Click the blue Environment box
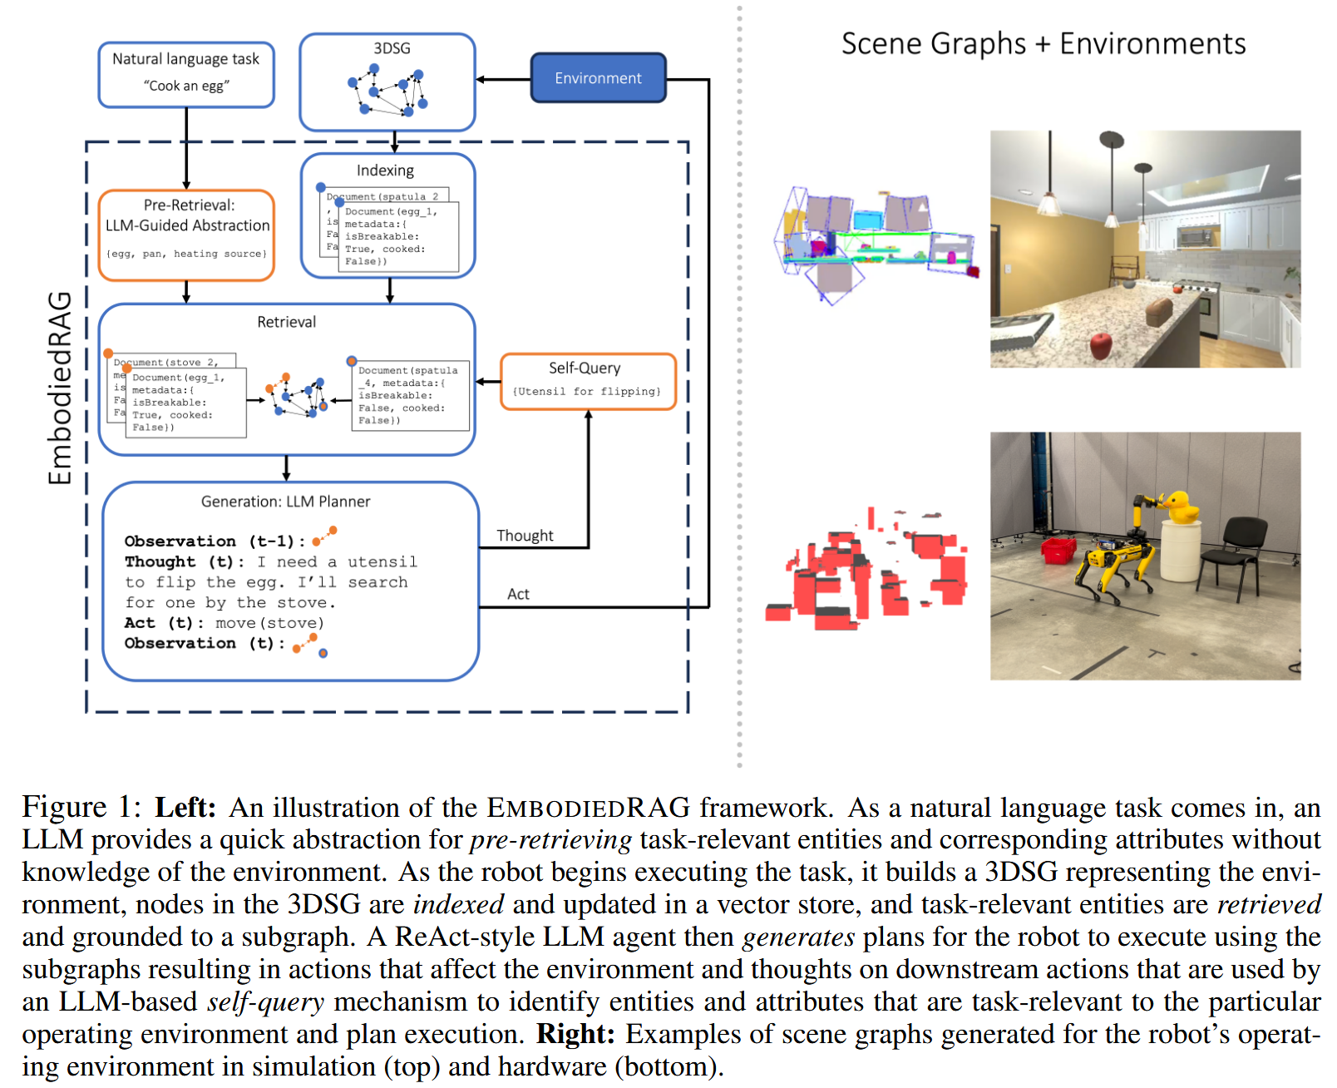pyautogui.click(x=598, y=78)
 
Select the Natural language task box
pyautogui.click(x=186, y=74)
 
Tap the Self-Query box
pyautogui.click(x=588, y=381)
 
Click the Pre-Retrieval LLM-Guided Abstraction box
pyautogui.click(x=186, y=235)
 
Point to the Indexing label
pyautogui.click(x=385, y=171)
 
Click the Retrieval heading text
pyautogui.click(x=286, y=322)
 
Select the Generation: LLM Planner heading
pyautogui.click(x=285, y=502)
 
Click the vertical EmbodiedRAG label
pyautogui.click(x=60, y=388)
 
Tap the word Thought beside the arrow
pyautogui.click(x=525, y=536)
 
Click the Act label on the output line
pyautogui.click(x=518, y=594)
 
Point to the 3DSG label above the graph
pyautogui.click(x=392, y=48)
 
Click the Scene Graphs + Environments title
pyautogui.click(x=1043, y=43)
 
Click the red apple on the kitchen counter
pyautogui.click(x=1101, y=344)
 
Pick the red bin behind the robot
pyautogui.click(x=1059, y=550)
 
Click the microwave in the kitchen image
pyautogui.click(x=1194, y=237)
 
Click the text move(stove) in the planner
pyautogui.click(x=269, y=623)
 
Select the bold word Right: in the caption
pyautogui.click(x=575, y=1034)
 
